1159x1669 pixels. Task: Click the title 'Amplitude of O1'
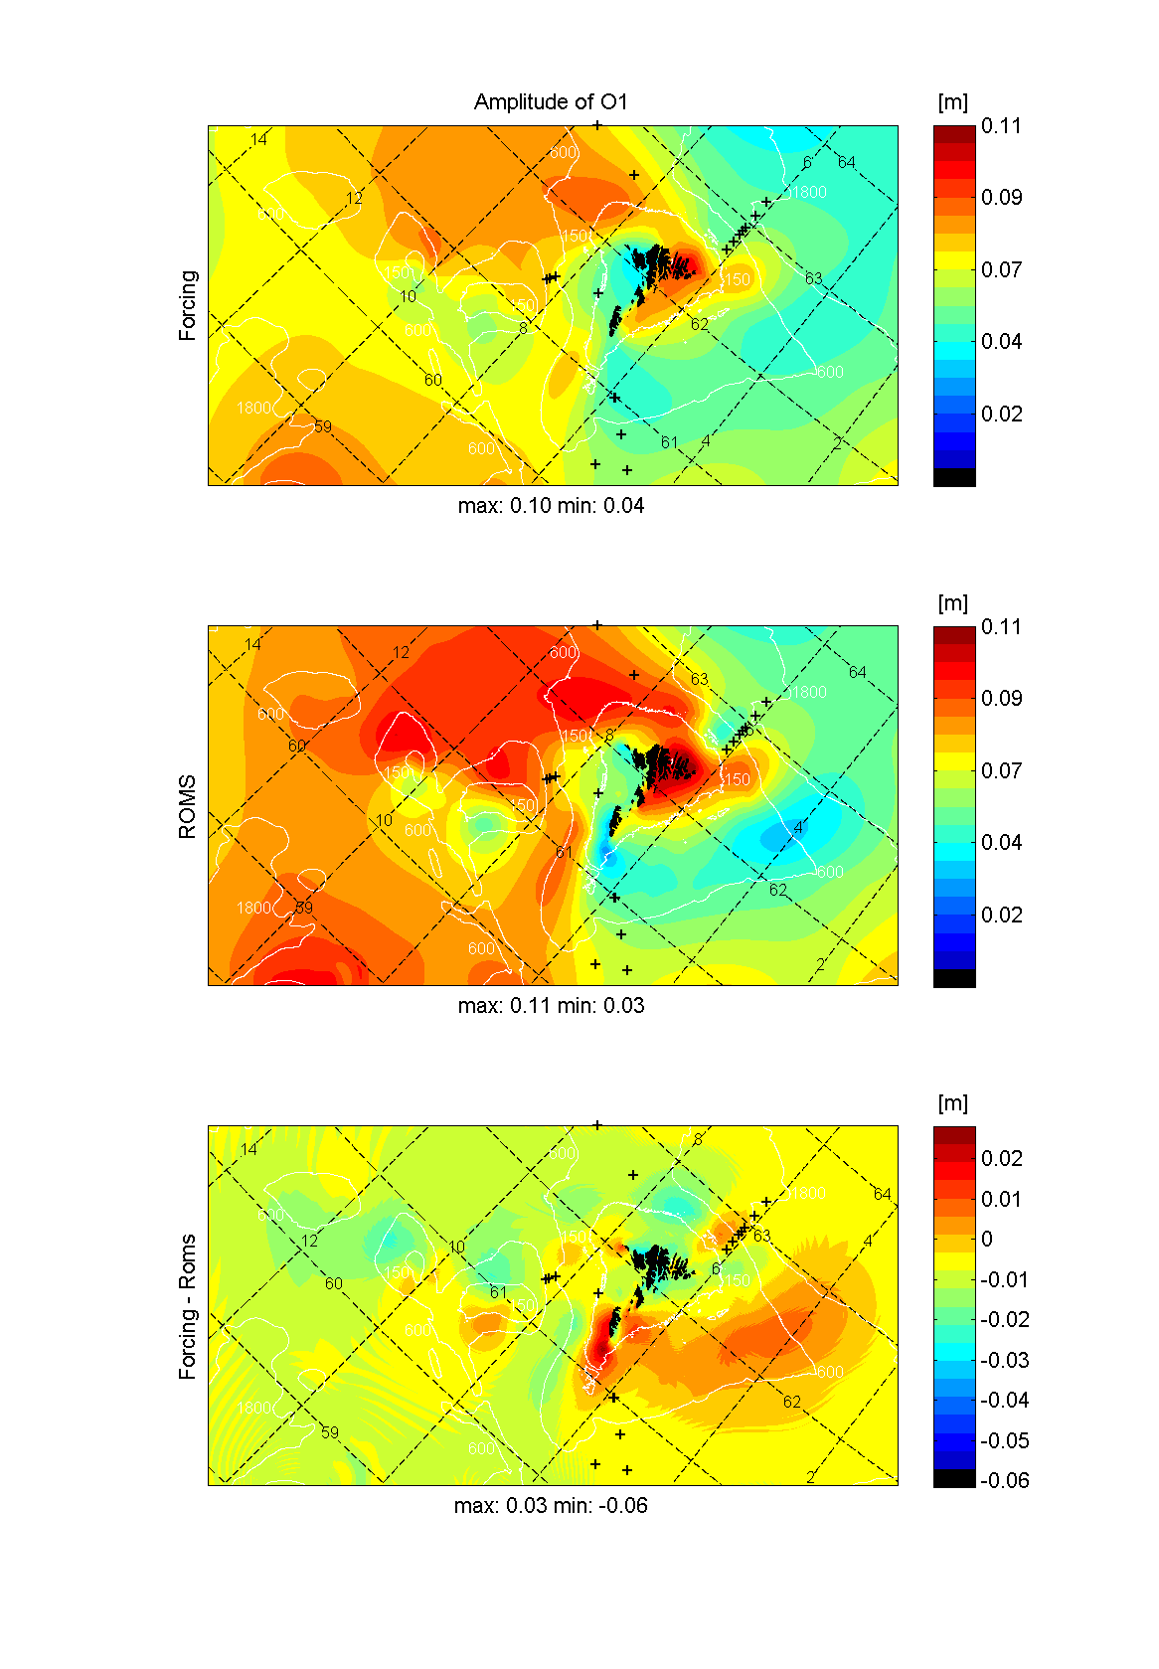click(551, 101)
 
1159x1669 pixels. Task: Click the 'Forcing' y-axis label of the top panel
click(188, 305)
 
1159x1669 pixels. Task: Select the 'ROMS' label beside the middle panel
click(188, 806)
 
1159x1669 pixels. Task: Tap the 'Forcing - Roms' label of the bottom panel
click(188, 1306)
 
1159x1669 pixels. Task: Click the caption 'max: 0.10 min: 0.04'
click(551, 506)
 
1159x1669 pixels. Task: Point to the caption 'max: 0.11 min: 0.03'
click(551, 1006)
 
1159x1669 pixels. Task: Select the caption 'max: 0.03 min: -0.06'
click(551, 1506)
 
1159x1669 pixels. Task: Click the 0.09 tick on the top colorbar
click(1001, 197)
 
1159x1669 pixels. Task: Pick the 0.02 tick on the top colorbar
click(1001, 414)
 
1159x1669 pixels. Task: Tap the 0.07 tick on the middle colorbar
click(1001, 770)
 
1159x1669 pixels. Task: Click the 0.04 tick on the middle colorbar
click(1001, 842)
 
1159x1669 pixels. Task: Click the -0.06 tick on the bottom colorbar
click(1004, 1480)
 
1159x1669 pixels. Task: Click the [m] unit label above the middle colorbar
click(952, 603)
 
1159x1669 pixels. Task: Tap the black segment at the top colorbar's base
click(954, 477)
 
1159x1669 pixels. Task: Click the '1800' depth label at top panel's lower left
click(253, 408)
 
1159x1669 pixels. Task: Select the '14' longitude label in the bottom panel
click(248, 1149)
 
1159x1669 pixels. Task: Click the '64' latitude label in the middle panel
click(858, 672)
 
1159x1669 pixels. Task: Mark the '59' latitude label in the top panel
click(323, 426)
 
